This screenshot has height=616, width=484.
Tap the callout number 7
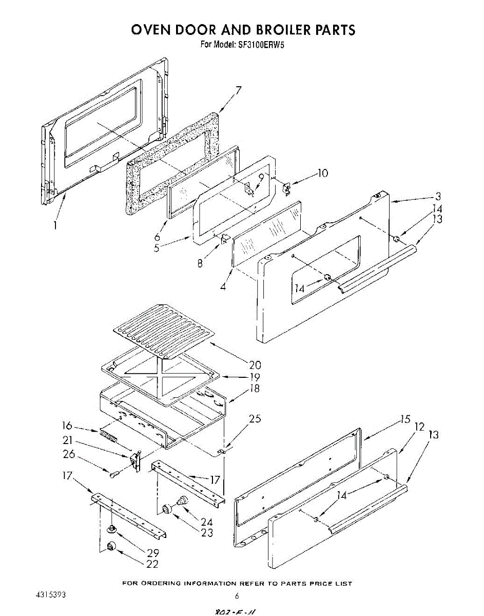pyautogui.click(x=238, y=91)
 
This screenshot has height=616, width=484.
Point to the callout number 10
pyautogui.click(x=322, y=173)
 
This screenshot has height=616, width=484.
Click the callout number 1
pyautogui.click(x=55, y=225)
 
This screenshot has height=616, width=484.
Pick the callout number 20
pyautogui.click(x=255, y=365)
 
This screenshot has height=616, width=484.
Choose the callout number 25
pyautogui.click(x=255, y=419)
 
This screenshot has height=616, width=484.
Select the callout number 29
pyautogui.click(x=153, y=553)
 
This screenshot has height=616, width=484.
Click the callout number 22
pyautogui.click(x=152, y=564)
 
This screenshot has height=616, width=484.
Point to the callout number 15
pyautogui.click(x=405, y=419)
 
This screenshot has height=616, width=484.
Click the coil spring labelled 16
pyautogui.click(x=108, y=438)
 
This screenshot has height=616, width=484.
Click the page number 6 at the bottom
pyautogui.click(x=237, y=596)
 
